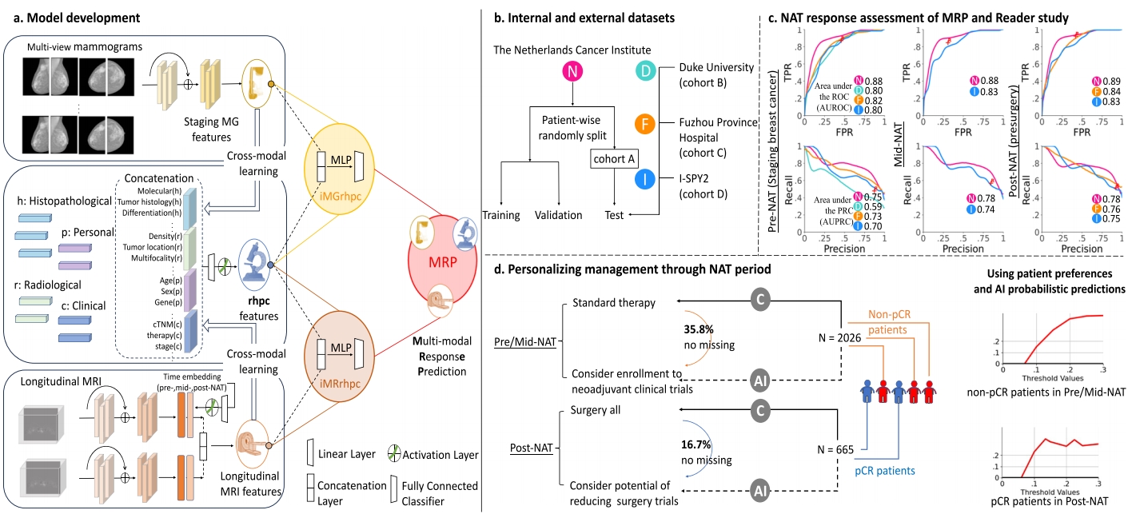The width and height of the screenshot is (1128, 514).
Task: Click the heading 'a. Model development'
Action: coord(74,15)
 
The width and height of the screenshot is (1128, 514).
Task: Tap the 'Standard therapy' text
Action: coord(614,304)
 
